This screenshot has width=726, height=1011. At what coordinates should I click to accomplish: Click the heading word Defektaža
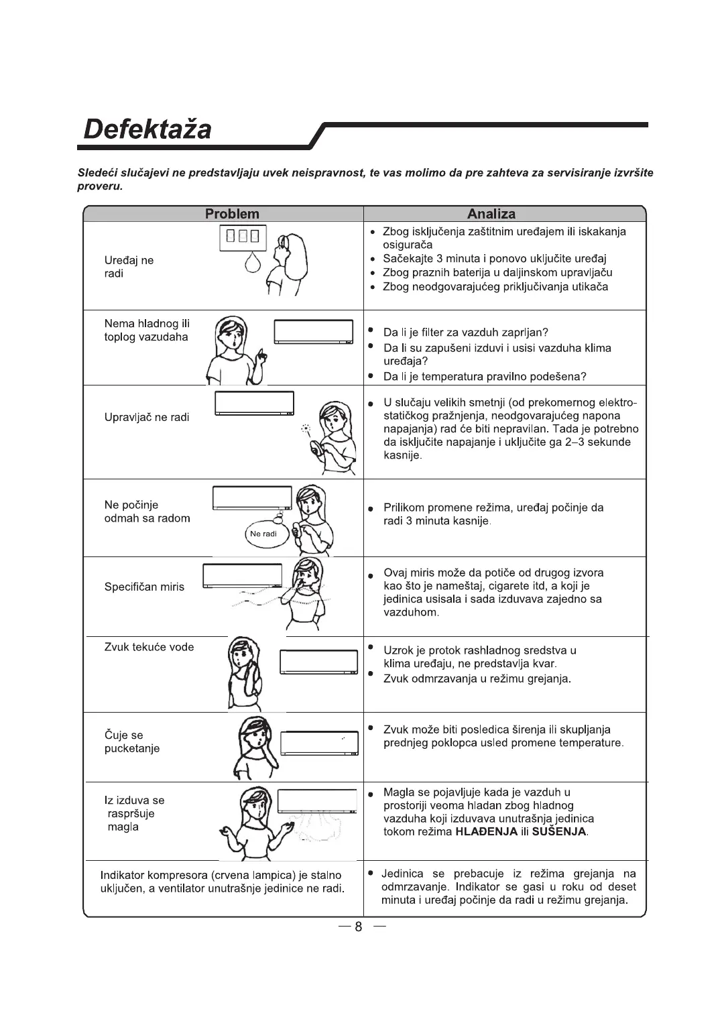point(147,129)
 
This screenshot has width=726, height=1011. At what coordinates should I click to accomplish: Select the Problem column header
point(232,214)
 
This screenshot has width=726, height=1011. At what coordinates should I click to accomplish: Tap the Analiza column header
point(491,214)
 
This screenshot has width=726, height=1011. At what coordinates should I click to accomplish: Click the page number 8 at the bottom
point(359,927)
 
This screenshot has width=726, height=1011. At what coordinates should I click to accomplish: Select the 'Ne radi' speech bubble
point(263,534)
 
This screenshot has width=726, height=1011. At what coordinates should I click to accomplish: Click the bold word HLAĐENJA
point(486,832)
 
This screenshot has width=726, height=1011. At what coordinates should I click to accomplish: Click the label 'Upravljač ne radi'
point(147,418)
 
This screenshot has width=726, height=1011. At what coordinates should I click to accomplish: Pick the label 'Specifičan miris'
point(144,587)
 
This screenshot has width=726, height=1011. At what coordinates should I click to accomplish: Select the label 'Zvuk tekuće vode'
point(149,647)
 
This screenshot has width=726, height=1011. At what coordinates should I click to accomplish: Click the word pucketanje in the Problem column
point(132,749)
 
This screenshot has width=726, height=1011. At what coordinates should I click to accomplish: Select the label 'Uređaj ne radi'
point(129,267)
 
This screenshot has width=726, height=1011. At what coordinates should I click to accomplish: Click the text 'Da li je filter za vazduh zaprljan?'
point(466,333)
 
